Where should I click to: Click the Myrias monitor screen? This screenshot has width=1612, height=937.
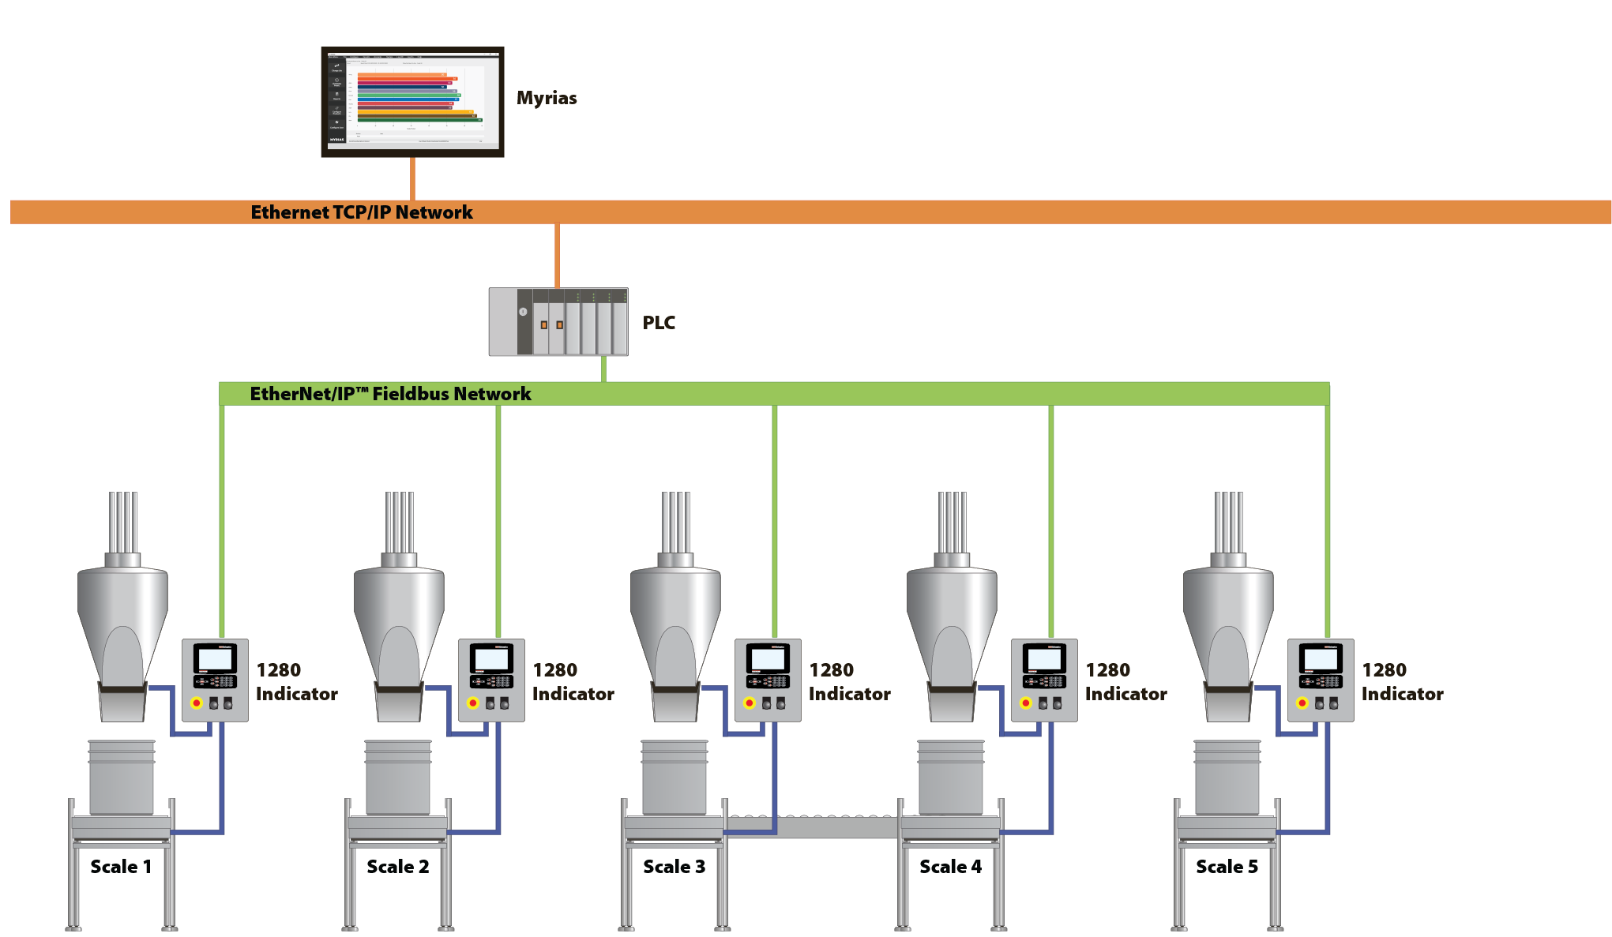[x=412, y=102]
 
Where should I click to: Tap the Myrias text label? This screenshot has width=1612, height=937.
[x=547, y=98]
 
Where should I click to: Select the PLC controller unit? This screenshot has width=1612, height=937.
[x=558, y=322]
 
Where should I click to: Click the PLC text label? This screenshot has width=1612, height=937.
[x=659, y=323]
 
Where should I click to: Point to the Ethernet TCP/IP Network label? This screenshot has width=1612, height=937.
[x=362, y=212]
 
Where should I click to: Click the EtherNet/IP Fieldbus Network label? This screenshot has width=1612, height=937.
[x=390, y=394]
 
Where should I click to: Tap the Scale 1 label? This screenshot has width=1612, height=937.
[x=120, y=867]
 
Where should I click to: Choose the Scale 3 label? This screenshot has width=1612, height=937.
[x=674, y=867]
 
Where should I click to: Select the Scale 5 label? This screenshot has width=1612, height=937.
[x=1227, y=867]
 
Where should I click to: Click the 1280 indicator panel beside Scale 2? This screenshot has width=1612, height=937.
[x=491, y=680]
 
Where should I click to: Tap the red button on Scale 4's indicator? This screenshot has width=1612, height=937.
[x=1025, y=703]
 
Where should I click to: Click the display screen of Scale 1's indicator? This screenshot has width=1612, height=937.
[x=215, y=658]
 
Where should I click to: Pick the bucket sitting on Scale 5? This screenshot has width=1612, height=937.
[x=1227, y=778]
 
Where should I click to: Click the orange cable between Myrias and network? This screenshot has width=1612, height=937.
[x=412, y=178]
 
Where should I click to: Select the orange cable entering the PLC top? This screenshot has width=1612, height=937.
[x=558, y=256]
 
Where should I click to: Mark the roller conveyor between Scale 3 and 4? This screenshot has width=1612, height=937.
[x=814, y=826]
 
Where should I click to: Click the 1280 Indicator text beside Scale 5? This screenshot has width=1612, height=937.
[x=1402, y=682]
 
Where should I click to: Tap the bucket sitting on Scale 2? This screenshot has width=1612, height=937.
[x=398, y=778]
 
